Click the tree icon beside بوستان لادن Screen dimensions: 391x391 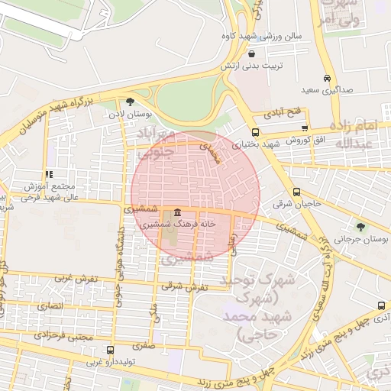(130, 102)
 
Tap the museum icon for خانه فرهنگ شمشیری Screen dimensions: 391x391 (177, 212)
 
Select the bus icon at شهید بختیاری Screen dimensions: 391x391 (255, 131)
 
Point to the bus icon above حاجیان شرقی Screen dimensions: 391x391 (296, 192)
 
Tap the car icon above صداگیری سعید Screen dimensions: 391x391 (328, 79)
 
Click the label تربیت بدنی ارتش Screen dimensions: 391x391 (257, 66)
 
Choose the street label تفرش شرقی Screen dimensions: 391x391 (183, 287)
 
